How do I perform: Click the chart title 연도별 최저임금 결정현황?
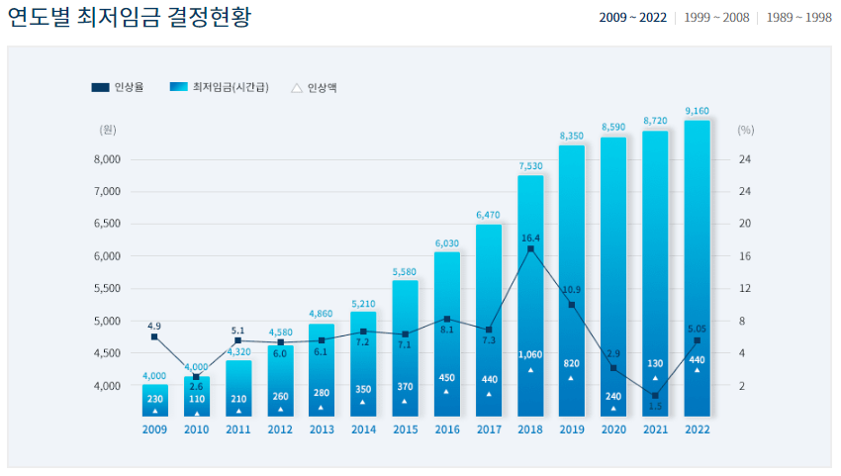tap(129, 18)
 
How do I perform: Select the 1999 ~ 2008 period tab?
tap(716, 18)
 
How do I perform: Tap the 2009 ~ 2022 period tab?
tap(632, 18)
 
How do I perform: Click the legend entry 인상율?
tap(118, 88)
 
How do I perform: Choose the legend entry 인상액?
tap(314, 88)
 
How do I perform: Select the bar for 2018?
tap(530, 297)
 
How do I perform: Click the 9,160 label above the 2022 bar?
tap(697, 111)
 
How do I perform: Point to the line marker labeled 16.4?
tap(530, 249)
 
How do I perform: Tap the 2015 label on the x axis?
tap(405, 429)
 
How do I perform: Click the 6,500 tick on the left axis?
tap(106, 224)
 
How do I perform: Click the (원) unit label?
tap(108, 129)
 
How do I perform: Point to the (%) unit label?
tap(746, 129)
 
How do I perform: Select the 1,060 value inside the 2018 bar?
tap(530, 354)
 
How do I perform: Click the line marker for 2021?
tap(655, 396)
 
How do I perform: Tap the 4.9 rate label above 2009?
tap(154, 325)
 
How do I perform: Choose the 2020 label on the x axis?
tap(613, 429)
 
